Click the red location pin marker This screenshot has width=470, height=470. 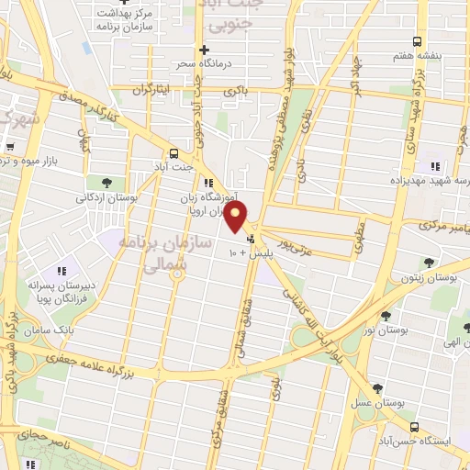click(237, 218)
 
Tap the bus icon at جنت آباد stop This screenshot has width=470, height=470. click(173, 154)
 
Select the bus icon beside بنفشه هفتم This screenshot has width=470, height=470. click(418, 41)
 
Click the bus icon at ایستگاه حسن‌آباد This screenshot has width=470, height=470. click(415, 427)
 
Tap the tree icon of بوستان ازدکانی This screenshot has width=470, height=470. click(106, 182)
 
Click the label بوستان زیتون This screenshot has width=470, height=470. click(431, 276)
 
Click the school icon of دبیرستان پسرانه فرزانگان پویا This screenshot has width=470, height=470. click(62, 271)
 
